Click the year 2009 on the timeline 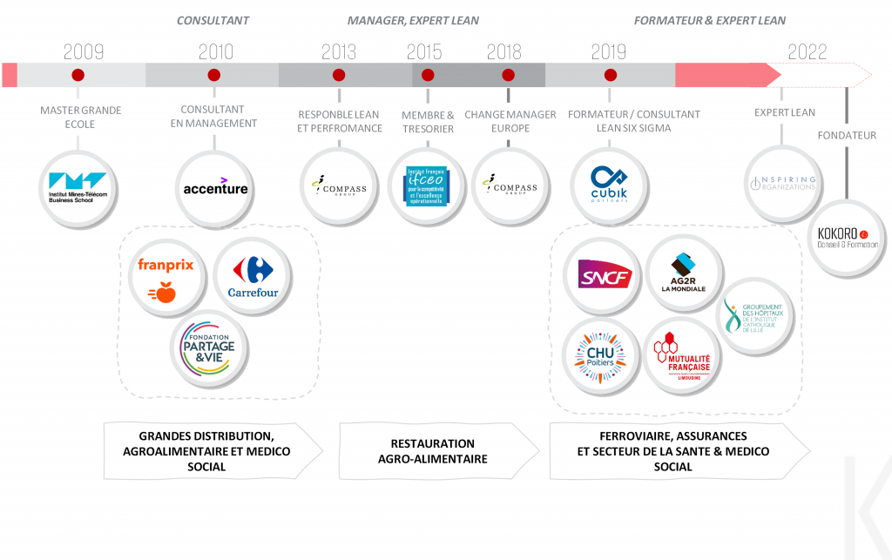[84, 51]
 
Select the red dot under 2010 [214, 75]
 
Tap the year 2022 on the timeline [807, 51]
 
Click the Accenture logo [215, 187]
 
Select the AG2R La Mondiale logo [683, 273]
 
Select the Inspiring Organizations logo [782, 184]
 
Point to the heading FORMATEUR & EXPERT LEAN [709, 20]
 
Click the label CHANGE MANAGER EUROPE [510, 121]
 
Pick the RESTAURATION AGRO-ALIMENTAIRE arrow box [432, 451]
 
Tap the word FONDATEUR [847, 135]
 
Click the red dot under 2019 [610, 75]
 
